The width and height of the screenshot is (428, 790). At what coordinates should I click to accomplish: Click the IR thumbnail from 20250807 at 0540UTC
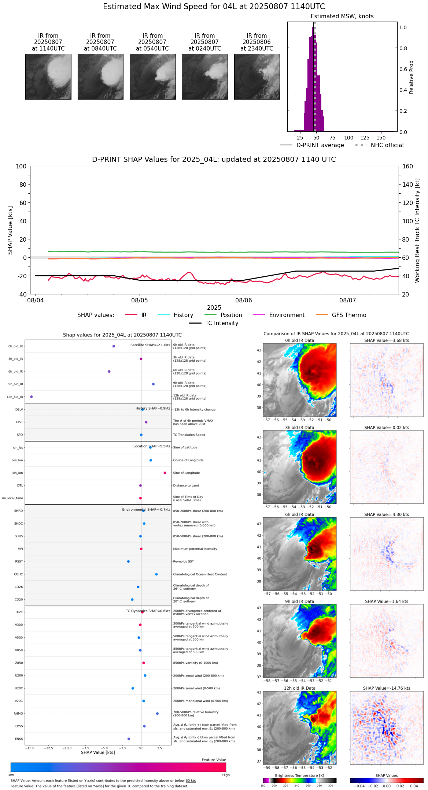(x=152, y=77)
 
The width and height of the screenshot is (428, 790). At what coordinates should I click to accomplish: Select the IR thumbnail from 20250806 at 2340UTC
(x=257, y=77)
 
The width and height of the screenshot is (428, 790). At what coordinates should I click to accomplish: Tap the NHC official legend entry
(x=387, y=145)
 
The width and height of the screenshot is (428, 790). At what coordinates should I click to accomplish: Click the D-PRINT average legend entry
(x=320, y=145)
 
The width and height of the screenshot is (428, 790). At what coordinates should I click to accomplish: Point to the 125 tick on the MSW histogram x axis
(x=365, y=138)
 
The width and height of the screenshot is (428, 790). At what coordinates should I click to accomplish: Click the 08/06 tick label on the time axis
(x=244, y=301)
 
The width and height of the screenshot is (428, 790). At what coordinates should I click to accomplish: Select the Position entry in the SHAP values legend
(x=231, y=315)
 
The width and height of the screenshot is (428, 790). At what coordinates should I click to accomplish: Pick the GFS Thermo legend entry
(x=349, y=315)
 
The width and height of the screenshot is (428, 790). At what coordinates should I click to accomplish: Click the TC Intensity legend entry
(x=221, y=323)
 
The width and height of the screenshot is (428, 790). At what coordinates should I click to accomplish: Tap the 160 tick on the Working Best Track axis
(x=407, y=167)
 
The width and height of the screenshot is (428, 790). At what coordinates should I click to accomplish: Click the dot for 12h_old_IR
(x=32, y=397)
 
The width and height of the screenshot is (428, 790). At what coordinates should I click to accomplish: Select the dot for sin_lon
(x=165, y=473)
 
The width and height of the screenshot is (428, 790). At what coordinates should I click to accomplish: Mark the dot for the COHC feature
(x=156, y=574)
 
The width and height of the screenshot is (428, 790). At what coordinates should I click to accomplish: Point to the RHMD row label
(x=19, y=713)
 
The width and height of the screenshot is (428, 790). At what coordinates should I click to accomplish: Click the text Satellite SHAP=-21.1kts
(x=150, y=345)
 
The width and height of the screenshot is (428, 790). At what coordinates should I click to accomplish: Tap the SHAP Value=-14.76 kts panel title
(x=387, y=688)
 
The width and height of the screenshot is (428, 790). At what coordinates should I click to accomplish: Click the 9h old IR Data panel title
(x=299, y=601)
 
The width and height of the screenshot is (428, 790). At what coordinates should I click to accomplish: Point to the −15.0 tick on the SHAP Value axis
(x=30, y=748)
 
